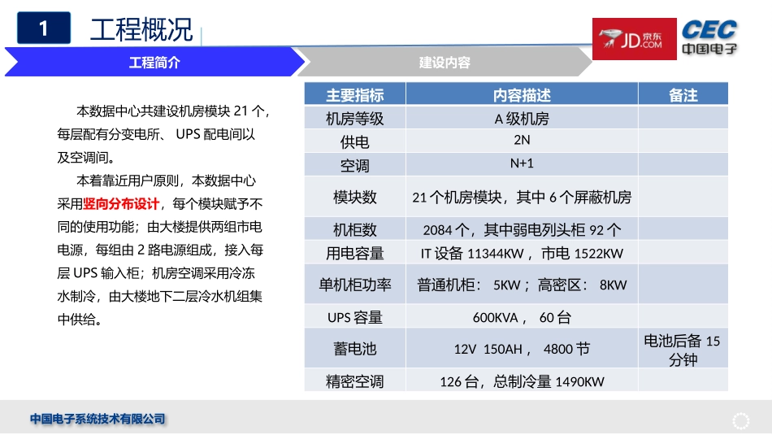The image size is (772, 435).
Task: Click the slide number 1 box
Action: pyautogui.click(x=44, y=29)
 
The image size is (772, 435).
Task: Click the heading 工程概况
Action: pyautogui.click(x=141, y=31)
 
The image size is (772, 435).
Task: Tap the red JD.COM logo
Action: pyautogui.click(x=634, y=39)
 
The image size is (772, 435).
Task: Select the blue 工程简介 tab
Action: pyautogui.click(x=154, y=63)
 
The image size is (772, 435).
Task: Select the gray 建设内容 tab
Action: pyautogui.click(x=445, y=63)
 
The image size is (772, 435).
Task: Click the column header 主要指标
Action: pyautogui.click(x=355, y=95)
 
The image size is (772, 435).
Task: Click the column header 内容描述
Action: pyautogui.click(x=522, y=95)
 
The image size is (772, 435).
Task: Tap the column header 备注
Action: pyautogui.click(x=683, y=95)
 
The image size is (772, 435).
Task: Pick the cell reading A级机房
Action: pyautogui.click(x=522, y=119)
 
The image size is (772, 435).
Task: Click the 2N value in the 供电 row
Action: pyautogui.click(x=522, y=140)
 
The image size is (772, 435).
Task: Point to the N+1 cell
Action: pyautogui.click(x=522, y=163)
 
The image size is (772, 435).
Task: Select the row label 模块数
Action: pyautogui.click(x=355, y=197)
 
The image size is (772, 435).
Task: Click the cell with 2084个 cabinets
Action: pyautogui.click(x=522, y=229)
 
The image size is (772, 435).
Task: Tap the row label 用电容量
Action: pyautogui.click(x=355, y=253)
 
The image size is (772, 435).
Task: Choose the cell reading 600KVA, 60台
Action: pyautogui.click(x=522, y=317)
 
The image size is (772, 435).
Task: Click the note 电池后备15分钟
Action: pyautogui.click(x=683, y=350)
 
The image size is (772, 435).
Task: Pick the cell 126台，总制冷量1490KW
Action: pyautogui.click(x=522, y=381)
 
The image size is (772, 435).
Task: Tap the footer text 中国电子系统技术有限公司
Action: pyautogui.click(x=98, y=420)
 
